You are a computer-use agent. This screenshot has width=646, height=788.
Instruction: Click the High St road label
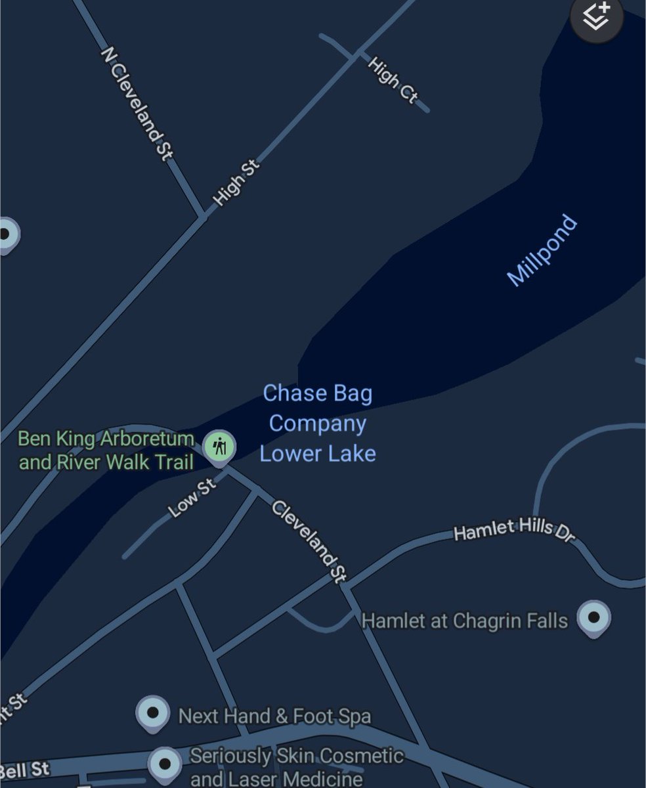point(236,183)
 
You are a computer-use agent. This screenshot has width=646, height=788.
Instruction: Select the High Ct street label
point(392,80)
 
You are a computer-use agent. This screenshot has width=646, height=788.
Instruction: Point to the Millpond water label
point(543,250)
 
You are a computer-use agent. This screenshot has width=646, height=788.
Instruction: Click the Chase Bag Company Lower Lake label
point(318,424)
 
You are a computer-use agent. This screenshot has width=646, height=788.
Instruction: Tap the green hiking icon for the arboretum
point(219,447)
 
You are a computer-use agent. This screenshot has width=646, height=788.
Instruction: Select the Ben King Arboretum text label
point(106,450)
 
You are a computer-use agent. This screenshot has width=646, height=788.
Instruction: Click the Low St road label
point(192,497)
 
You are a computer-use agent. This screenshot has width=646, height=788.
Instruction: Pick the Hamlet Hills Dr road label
point(514,530)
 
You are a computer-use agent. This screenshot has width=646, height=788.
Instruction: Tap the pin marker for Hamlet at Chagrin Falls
point(593,618)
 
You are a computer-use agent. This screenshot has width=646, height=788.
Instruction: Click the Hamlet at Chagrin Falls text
point(465,621)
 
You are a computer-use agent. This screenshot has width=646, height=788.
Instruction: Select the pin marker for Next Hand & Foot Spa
point(153,712)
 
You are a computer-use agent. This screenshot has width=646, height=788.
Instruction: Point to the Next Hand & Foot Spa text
point(274,715)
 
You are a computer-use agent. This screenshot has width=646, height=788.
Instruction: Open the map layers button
point(595,17)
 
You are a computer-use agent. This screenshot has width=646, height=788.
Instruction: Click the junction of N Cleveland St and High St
point(202,215)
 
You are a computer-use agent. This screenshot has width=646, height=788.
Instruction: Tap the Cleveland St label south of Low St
point(308,541)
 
